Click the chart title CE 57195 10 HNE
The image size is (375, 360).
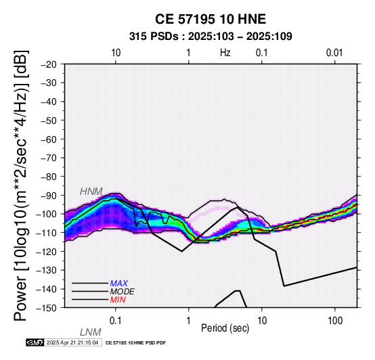coord(211,19)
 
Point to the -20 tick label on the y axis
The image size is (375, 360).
coord(49,64)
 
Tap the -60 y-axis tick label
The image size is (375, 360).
coord(49,139)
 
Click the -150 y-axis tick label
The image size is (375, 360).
coord(47,308)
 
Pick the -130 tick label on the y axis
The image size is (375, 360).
coord(47,270)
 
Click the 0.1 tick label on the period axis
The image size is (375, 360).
coord(115,321)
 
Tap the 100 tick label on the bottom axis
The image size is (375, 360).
coord(335,321)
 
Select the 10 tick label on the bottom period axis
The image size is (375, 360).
coord(262,321)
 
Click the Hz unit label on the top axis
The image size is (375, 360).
coord(225,53)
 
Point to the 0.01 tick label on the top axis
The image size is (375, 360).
coord(334,53)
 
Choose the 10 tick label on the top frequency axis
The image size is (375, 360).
coord(116,53)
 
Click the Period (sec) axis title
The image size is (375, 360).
coord(225,328)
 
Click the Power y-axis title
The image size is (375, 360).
coord(21,185)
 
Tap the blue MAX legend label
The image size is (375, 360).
coord(119,284)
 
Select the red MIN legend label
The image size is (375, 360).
coord(118,300)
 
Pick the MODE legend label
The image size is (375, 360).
coord(123,292)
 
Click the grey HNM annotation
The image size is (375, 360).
coord(91,192)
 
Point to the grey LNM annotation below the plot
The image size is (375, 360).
coord(91,332)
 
